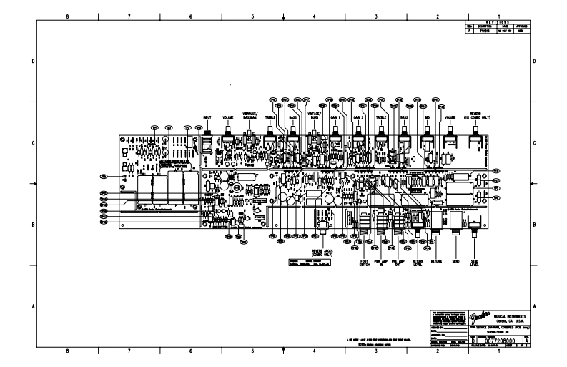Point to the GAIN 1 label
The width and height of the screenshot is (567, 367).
coord(335,117)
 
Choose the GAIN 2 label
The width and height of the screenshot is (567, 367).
coord(358,117)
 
